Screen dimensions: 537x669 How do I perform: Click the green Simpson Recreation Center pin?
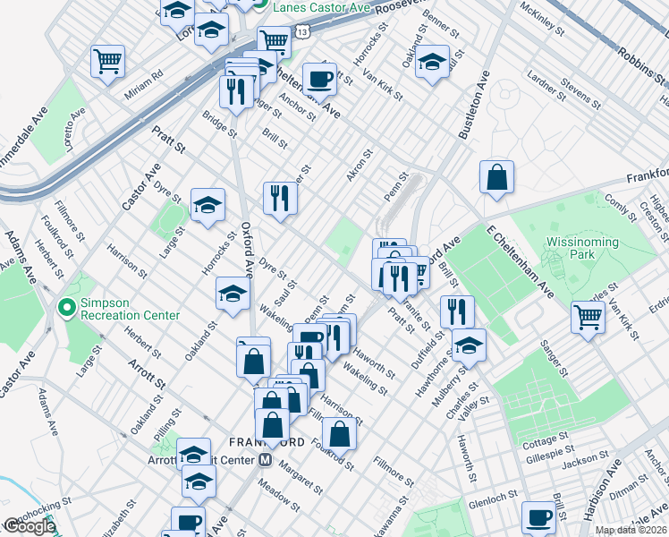click(66, 307)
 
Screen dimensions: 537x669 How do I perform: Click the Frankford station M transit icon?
click(265, 461)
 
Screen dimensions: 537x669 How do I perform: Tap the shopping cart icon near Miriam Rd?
click(107, 62)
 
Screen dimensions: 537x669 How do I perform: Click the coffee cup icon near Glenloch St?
click(538, 516)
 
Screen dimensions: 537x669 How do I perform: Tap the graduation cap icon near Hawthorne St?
click(469, 345)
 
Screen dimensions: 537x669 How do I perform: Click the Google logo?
click(30, 526)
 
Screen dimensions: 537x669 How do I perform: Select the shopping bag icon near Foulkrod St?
click(339, 434)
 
